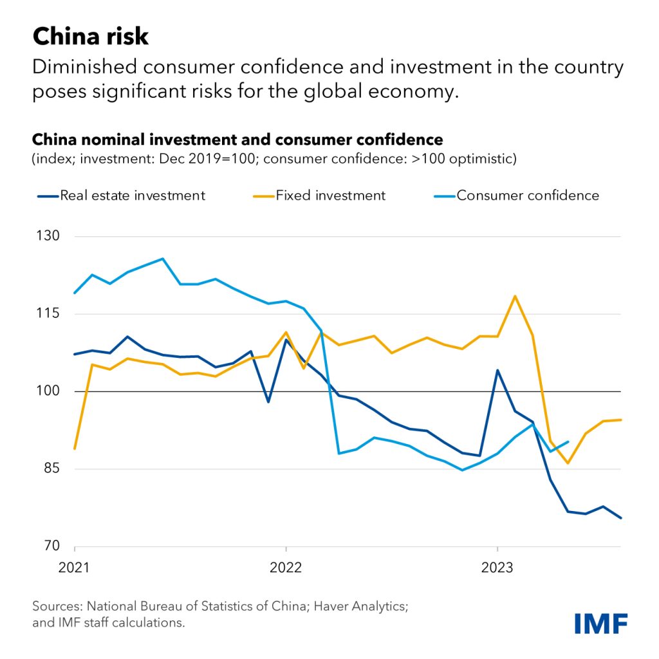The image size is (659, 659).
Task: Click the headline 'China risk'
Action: click(x=91, y=36)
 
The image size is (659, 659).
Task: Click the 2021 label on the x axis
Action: click(x=75, y=568)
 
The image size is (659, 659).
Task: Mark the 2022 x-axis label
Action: click(x=286, y=568)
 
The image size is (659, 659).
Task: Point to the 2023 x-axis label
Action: click(x=497, y=568)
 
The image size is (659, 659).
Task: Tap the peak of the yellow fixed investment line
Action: click(x=515, y=296)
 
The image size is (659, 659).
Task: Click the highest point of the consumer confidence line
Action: click(x=163, y=259)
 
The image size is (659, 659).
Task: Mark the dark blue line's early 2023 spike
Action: click(x=497, y=370)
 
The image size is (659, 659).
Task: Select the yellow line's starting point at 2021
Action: click(x=75, y=449)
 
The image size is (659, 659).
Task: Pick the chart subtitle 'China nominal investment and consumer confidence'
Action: click(x=237, y=140)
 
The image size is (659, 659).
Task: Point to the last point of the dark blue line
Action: click(x=621, y=518)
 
